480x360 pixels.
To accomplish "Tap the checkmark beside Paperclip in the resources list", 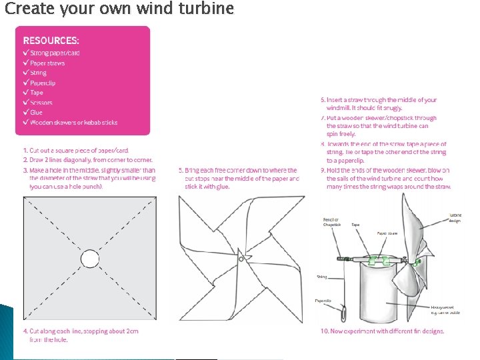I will [25, 83].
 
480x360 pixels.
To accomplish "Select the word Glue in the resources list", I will [36, 113].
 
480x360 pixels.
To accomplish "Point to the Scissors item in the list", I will [41, 103].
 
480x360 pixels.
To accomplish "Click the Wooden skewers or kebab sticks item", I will [73, 123].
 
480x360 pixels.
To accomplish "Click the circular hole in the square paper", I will [89, 258].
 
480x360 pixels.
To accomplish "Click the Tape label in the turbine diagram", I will [355, 225].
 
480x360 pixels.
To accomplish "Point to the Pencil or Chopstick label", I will [331, 223].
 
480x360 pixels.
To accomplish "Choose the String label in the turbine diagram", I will [322, 276].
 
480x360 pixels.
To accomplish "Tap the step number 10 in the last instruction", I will [325, 331].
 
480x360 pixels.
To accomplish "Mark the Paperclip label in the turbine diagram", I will [323, 301].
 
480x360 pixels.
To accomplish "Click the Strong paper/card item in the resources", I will [55, 53].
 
